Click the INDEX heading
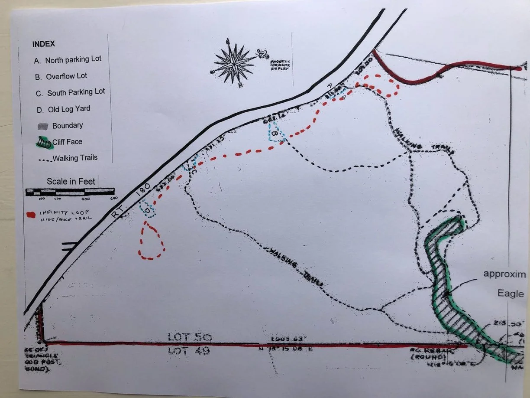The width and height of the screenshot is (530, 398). tap(43, 44)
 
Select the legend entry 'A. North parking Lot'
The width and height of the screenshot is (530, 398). tap(68, 60)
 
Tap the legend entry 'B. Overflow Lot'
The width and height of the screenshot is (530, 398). tap(61, 76)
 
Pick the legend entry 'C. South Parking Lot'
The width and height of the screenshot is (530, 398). tap(70, 92)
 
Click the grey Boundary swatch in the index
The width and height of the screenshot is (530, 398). tap(42, 126)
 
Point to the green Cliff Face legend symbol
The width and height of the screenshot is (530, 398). tap(43, 142)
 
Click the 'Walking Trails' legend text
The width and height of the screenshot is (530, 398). tap(75, 158)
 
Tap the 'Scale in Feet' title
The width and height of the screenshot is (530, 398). tap(71, 181)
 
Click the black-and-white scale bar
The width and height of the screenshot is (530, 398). tap(70, 191)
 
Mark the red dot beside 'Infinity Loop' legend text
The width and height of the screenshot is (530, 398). tap(30, 214)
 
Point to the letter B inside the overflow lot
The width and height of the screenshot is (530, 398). tap(274, 135)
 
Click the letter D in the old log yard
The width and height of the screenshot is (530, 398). tap(147, 210)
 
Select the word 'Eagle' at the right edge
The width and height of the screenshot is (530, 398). tap(510, 294)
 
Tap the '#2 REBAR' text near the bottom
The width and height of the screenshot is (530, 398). tap(427, 350)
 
